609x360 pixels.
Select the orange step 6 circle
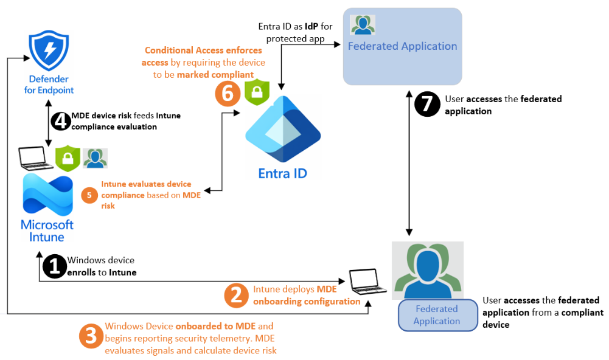[228, 92]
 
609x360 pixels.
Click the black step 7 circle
[427, 104]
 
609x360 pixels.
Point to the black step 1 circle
[54, 266]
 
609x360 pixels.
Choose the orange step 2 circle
[237, 295]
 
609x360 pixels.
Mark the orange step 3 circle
[91, 336]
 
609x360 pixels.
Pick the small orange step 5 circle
[89, 195]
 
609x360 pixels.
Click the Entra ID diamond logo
[282, 128]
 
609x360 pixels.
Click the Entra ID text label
[282, 173]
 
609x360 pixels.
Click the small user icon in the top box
[363, 24]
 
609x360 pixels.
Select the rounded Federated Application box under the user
[436, 314]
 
